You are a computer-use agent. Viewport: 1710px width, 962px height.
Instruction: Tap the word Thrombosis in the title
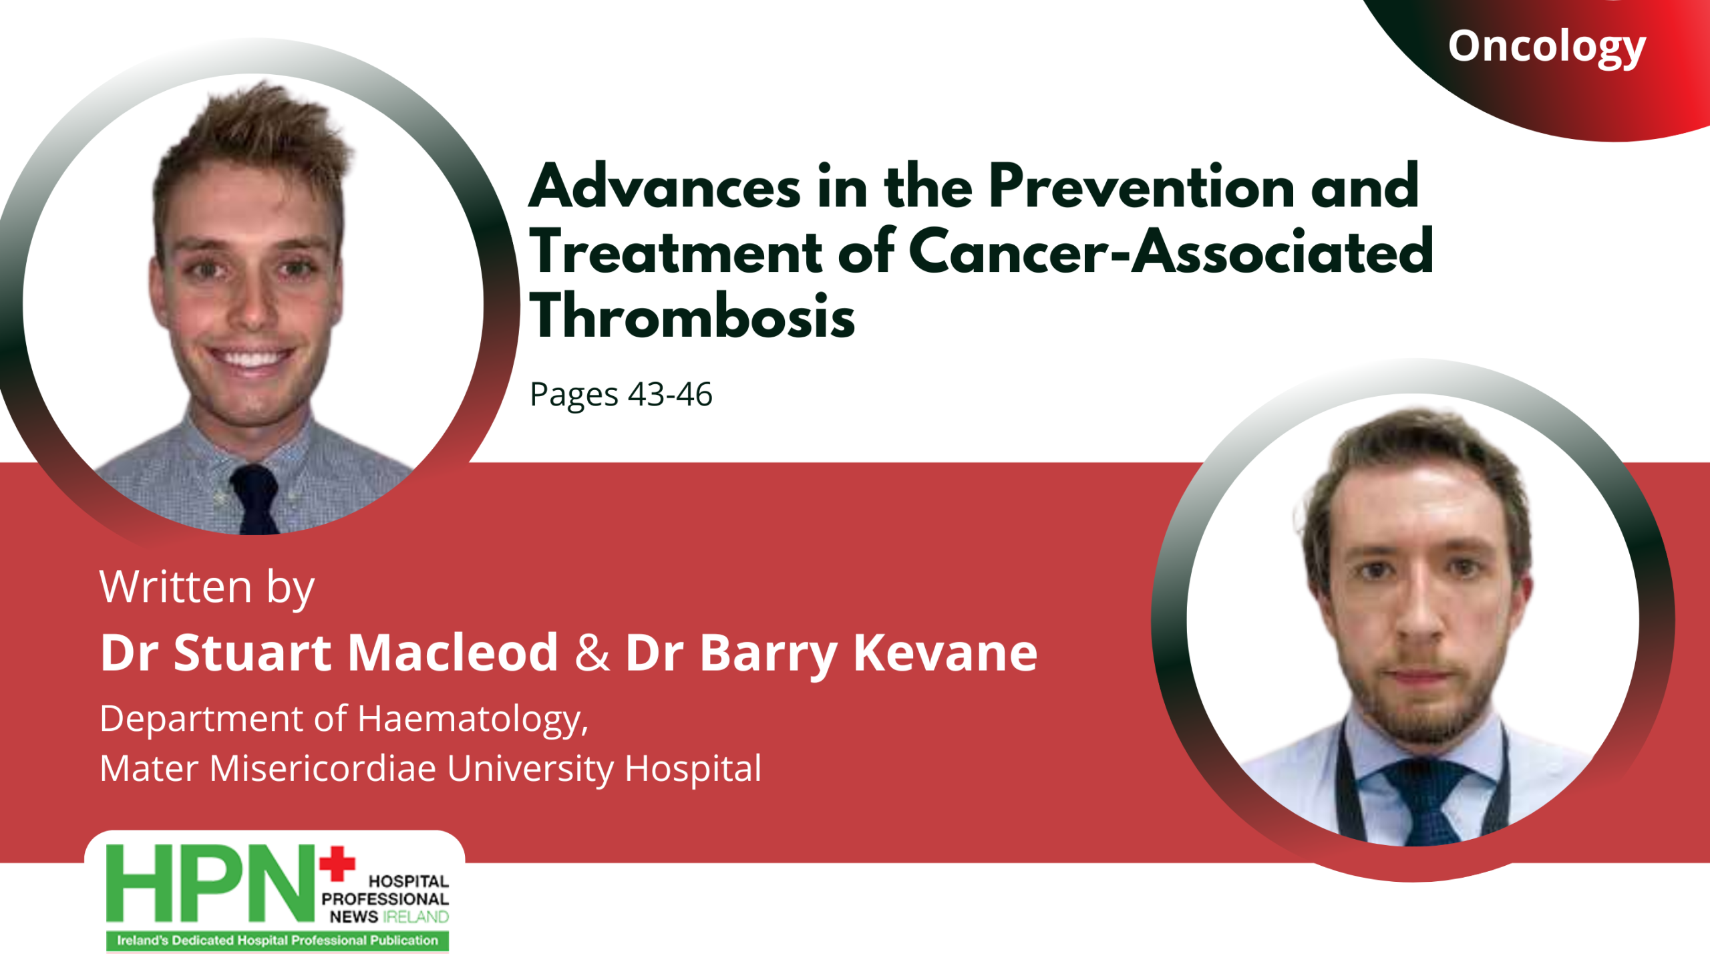[x=692, y=316]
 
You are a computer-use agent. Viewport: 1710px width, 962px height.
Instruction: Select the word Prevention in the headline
[x=1142, y=186]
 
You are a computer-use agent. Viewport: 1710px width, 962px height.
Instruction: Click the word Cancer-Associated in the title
[x=1171, y=251]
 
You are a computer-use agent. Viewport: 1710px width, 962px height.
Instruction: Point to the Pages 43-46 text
[x=621, y=395]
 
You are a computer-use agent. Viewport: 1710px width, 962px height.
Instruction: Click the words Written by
[x=207, y=587]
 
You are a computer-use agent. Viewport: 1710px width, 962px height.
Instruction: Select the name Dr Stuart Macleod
[x=329, y=652]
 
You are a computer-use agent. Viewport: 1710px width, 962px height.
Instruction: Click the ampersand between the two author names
[x=592, y=653]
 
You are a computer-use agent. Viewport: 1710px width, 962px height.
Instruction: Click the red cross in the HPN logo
[x=337, y=863]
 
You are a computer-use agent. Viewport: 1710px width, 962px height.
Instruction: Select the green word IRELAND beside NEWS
[x=415, y=917]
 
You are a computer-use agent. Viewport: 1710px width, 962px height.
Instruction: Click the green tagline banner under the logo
[x=277, y=941]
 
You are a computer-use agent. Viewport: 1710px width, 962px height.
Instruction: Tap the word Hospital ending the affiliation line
[x=693, y=769]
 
